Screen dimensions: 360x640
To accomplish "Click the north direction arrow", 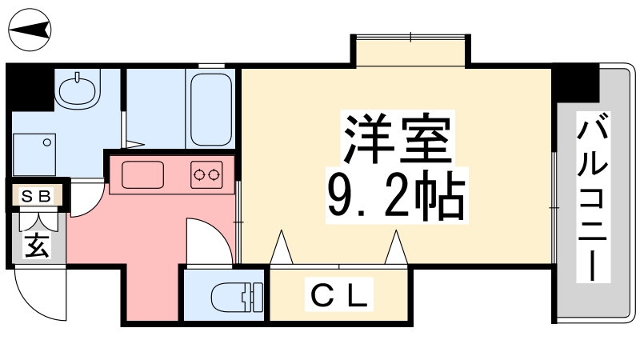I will click(30, 30).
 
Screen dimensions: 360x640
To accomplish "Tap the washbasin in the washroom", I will click(78, 89).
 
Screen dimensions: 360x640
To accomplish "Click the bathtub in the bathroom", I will click(210, 109).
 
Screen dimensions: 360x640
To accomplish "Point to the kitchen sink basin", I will click(142, 174).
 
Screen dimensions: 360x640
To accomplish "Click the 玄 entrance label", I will click(36, 245).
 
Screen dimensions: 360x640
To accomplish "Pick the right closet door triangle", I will click(395, 247).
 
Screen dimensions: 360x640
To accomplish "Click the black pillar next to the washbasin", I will click(30, 88).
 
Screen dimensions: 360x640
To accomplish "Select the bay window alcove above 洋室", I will click(409, 52).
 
